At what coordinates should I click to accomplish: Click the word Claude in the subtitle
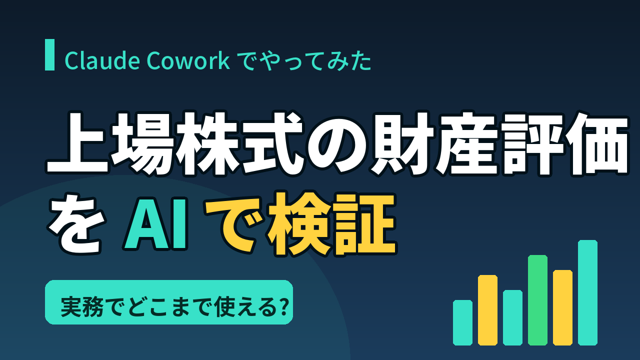click(x=102, y=60)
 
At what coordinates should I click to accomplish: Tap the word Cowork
click(x=188, y=60)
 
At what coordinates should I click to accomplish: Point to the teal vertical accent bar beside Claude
click(x=49, y=54)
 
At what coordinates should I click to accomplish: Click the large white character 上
click(x=77, y=143)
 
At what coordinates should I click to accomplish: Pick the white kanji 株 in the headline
click(x=207, y=143)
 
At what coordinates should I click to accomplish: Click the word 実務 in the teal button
click(x=81, y=307)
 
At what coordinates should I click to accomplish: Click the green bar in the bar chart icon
click(x=537, y=300)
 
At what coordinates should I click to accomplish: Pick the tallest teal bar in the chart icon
click(x=587, y=292)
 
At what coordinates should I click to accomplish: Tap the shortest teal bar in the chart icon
click(x=462, y=322)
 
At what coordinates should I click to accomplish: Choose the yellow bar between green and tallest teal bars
click(x=562, y=307)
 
